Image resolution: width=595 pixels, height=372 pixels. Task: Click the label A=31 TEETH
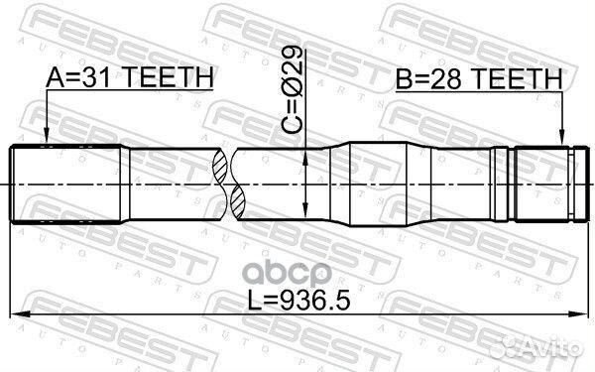[129, 77]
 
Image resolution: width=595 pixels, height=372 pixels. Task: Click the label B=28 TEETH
[479, 79]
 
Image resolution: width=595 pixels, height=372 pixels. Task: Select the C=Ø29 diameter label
[293, 89]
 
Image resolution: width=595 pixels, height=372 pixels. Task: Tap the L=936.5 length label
[298, 300]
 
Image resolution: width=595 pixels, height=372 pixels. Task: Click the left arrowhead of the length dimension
[20, 313]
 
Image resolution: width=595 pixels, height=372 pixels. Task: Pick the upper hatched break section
[220, 165]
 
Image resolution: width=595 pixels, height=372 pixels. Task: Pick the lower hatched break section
[238, 202]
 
